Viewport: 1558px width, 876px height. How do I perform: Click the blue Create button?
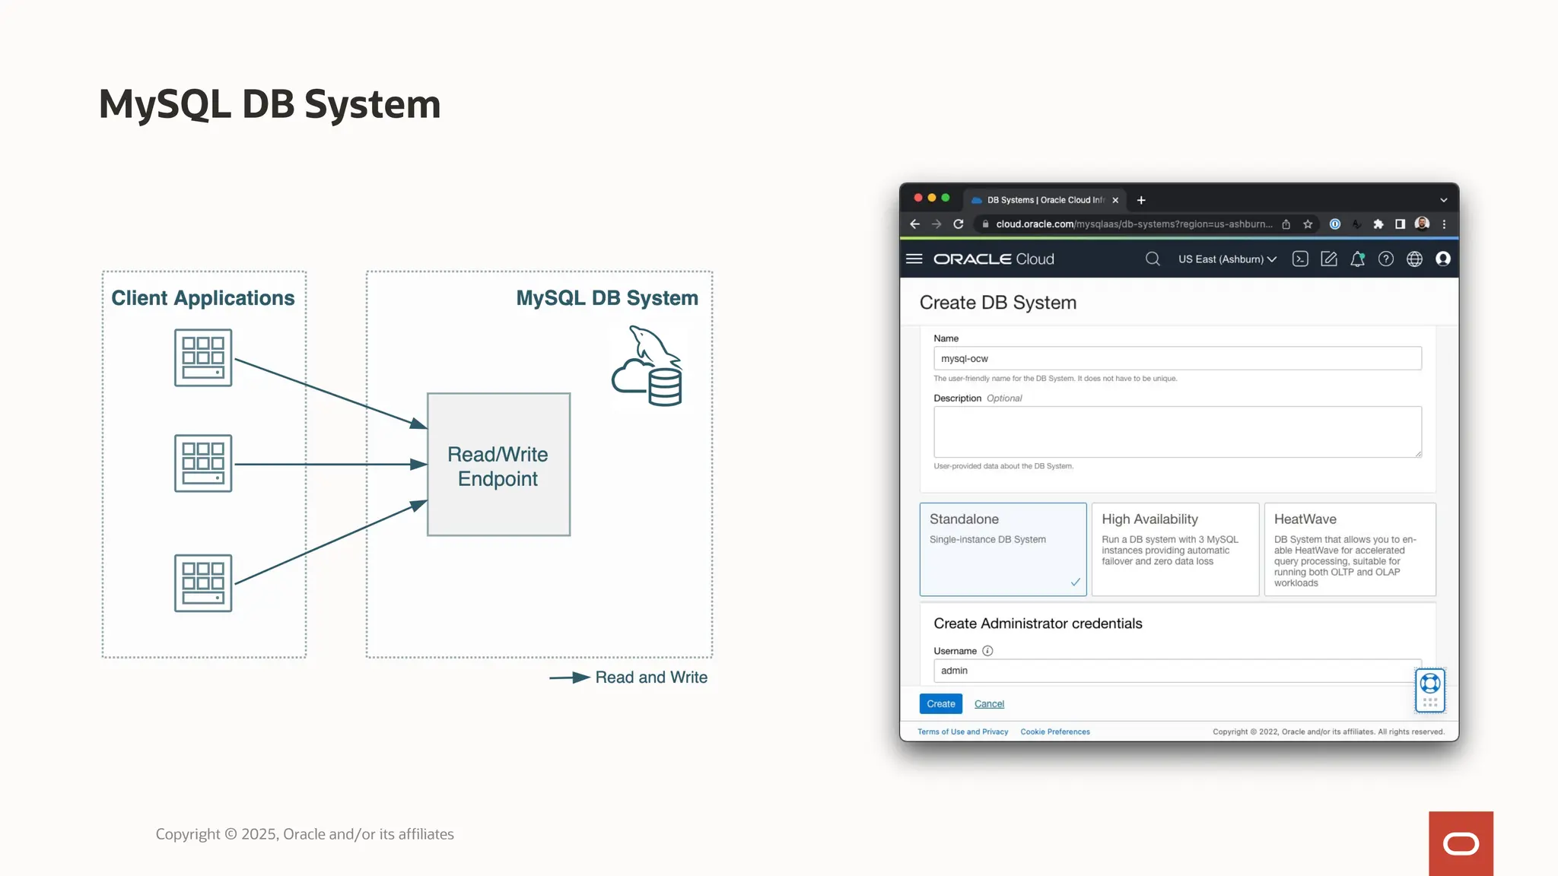pos(940,703)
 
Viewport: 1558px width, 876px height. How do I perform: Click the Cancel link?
pos(989,704)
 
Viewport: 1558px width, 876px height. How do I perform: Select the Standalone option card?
pos(1003,548)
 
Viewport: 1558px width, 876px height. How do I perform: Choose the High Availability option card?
pos(1175,548)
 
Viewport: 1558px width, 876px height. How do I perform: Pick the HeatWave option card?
pos(1350,548)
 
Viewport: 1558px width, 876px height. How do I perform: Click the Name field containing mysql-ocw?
pos(1177,358)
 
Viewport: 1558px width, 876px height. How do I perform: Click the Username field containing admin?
pos(1172,671)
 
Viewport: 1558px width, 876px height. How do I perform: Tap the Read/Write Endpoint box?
pos(498,465)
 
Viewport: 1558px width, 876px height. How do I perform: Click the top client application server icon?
pos(203,357)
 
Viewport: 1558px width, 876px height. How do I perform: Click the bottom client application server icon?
pos(203,583)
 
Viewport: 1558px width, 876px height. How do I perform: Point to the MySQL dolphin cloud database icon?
pos(648,367)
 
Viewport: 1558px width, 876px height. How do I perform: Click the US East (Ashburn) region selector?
pos(1226,259)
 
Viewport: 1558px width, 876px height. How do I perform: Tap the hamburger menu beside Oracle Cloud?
pos(914,259)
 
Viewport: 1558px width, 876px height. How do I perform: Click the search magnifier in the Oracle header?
pos(1153,259)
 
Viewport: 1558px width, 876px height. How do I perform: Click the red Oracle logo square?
pos(1461,843)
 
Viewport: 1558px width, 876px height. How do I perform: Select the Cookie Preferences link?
pos(1055,732)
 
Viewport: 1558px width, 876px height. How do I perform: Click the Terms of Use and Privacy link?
pos(962,732)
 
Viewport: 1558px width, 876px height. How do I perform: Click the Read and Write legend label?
pos(651,678)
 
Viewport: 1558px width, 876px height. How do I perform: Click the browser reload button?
pos(959,224)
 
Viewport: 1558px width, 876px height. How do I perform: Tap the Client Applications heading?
pos(203,298)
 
